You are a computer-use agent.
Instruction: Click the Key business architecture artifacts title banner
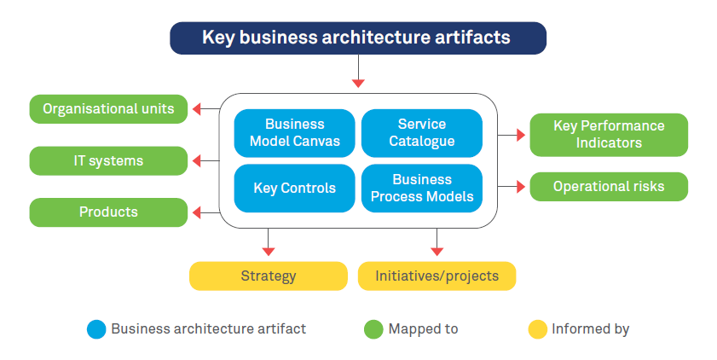(357, 38)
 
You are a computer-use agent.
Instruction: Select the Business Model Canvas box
(294, 133)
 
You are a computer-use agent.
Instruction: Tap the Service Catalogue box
(421, 133)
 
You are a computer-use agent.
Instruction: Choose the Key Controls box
(294, 189)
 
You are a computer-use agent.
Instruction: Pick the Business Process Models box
(421, 189)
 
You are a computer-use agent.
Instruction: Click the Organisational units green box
(108, 109)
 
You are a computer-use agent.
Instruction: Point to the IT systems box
(108, 160)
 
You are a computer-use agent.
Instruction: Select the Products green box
(108, 212)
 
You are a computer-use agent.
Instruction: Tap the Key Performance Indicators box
(608, 135)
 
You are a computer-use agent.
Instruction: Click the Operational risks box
(608, 187)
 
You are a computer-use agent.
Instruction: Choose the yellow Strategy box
(268, 276)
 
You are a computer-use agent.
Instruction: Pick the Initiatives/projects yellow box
(437, 276)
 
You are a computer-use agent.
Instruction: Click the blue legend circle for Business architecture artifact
(96, 329)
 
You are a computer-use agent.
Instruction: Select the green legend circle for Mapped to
(373, 329)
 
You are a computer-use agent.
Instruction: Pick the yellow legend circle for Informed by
(537, 329)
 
